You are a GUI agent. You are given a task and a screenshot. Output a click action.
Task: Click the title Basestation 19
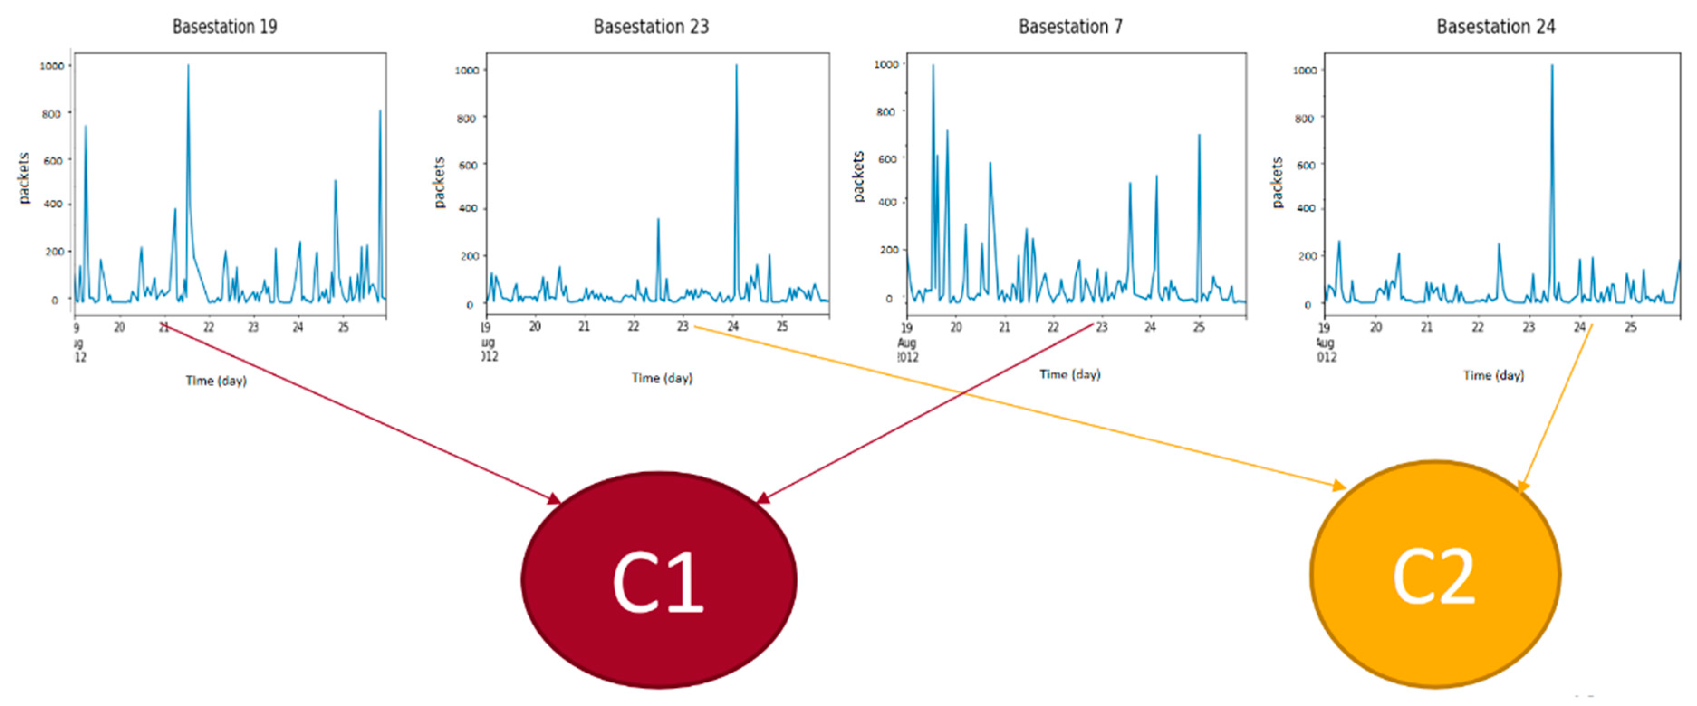pos(225,26)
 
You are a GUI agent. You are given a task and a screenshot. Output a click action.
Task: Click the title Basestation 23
pos(651,26)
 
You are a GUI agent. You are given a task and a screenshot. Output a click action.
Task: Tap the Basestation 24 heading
pos(1495,26)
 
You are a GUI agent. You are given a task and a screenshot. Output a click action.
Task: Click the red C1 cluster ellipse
pos(659,580)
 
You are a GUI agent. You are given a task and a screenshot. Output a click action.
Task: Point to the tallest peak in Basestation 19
pos(188,66)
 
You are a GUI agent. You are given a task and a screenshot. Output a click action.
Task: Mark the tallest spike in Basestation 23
pos(736,66)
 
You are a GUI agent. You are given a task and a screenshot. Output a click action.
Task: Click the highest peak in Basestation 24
pos(1552,66)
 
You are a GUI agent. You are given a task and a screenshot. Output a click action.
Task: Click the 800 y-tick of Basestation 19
pos(51,113)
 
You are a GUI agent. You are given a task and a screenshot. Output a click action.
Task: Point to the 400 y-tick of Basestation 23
pos(467,208)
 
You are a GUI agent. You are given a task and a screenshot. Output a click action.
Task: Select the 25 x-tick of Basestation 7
pos(1199,327)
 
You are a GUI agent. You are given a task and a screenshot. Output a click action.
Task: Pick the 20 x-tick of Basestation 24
pos(1375,327)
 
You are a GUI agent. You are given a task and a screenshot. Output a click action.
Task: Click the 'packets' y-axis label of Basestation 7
pos(858,176)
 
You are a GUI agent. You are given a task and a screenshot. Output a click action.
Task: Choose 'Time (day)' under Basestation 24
pos(1494,375)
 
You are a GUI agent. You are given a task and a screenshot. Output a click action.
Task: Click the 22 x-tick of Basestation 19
pos(208,327)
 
